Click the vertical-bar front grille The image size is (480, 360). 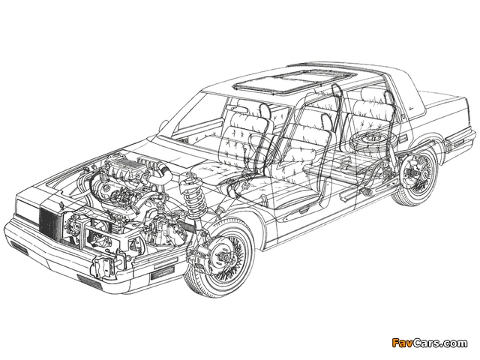(49, 220)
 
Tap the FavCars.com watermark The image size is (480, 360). (429, 343)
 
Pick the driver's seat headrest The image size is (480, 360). (265, 110)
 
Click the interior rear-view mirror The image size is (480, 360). (239, 109)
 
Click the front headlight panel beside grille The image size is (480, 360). (28, 208)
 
